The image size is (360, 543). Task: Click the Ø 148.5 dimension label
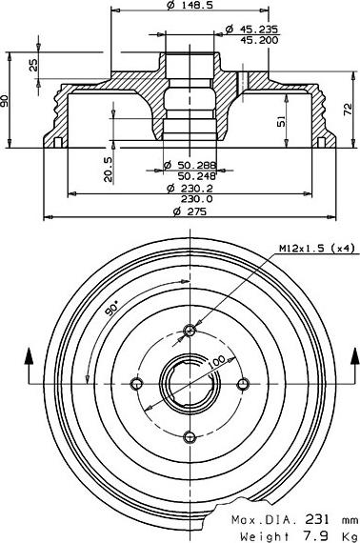click(190, 5)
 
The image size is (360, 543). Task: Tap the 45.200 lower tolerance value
click(259, 41)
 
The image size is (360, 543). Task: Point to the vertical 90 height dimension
click(5, 100)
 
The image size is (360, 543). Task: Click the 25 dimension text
click(33, 65)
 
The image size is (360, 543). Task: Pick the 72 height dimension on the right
click(348, 110)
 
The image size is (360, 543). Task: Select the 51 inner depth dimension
click(282, 121)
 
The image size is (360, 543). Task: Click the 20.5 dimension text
click(108, 169)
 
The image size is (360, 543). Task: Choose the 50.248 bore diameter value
click(196, 176)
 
